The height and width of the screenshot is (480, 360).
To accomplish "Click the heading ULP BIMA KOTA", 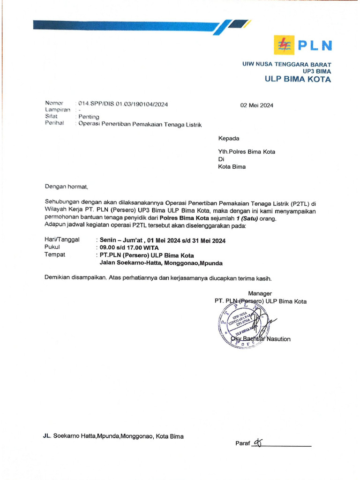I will pyautogui.click(x=298, y=79).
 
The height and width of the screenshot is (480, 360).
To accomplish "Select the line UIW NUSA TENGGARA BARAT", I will pyautogui.click(x=286, y=64).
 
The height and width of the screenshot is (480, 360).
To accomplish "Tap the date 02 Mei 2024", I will pyautogui.click(x=257, y=105).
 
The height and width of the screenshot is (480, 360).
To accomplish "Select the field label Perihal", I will pyautogui.click(x=54, y=124).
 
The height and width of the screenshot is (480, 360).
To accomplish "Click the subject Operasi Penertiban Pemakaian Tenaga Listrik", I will pyautogui.click(x=140, y=124).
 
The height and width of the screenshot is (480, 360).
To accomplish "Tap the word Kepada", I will pyautogui.click(x=229, y=138).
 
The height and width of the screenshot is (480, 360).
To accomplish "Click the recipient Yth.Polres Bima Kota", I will pyautogui.click(x=247, y=152).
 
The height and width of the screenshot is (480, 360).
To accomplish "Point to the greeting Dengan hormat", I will pyautogui.click(x=67, y=187).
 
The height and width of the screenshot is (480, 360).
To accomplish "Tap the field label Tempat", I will pyautogui.click(x=55, y=255).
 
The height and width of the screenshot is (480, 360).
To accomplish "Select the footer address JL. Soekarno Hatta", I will pyautogui.click(x=113, y=436).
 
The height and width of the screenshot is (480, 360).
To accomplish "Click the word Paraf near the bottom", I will pyautogui.click(x=242, y=444).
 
